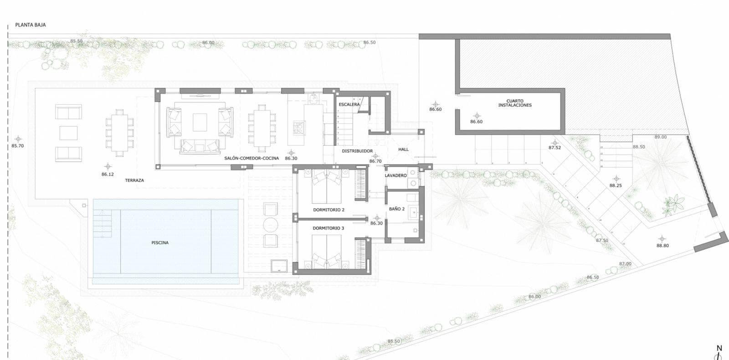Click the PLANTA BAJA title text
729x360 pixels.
tap(31, 25)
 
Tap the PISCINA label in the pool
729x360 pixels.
tap(160, 243)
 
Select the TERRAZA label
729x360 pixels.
tap(134, 180)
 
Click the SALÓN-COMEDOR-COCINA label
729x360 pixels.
tap(252, 159)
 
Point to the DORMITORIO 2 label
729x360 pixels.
tap(329, 210)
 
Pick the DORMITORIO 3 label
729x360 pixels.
tap(328, 228)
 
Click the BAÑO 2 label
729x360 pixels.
tap(397, 209)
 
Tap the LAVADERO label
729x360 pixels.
tap(395, 175)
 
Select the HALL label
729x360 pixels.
tap(403, 149)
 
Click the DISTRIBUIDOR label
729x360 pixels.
tap(357, 151)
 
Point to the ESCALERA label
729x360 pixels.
tap(349, 105)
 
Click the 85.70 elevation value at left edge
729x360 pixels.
tap(17, 146)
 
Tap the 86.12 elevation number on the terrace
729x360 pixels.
tap(108, 175)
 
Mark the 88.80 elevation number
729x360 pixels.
tap(662, 246)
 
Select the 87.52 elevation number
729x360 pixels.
tap(554, 148)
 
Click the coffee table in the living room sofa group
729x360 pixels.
tap(200, 122)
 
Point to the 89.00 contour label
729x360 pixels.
tap(660, 137)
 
